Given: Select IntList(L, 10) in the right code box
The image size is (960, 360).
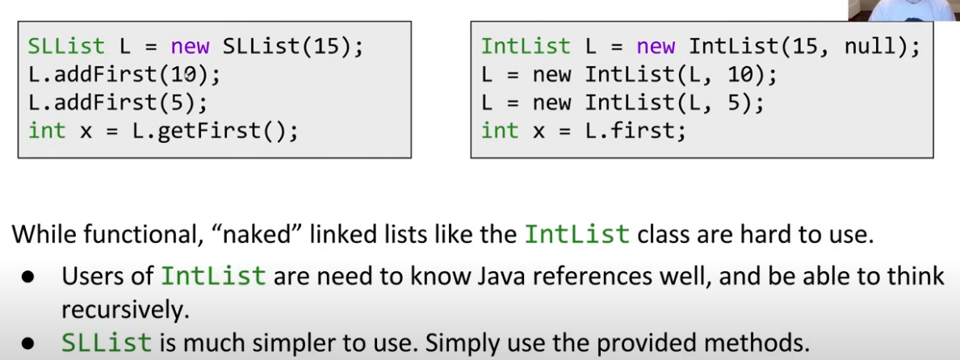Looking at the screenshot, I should (681, 75).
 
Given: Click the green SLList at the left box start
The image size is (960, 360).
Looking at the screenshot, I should (67, 47).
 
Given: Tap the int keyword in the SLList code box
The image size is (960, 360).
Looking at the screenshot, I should (47, 130).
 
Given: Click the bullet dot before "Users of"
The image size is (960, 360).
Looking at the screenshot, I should (29, 277).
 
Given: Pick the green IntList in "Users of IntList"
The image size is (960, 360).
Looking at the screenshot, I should (213, 276).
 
